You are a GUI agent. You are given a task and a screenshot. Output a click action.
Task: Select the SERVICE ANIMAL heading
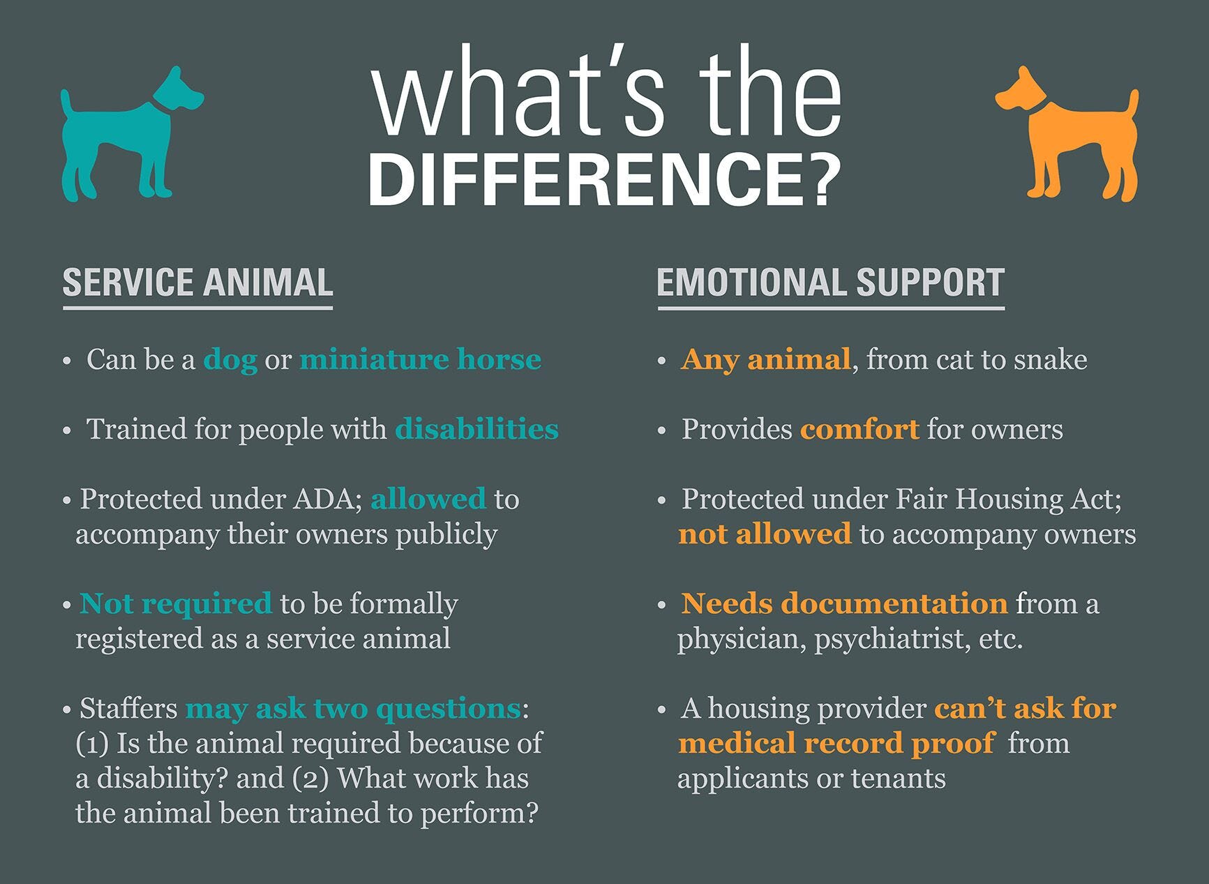(197, 283)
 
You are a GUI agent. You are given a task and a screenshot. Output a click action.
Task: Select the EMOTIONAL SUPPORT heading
(830, 283)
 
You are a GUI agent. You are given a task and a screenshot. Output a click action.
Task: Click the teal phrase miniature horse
(420, 360)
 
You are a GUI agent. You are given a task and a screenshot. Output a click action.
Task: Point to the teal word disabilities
(476, 430)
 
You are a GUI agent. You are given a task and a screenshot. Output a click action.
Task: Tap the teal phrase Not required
(176, 604)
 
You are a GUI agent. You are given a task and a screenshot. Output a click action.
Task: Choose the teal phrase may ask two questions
(353, 709)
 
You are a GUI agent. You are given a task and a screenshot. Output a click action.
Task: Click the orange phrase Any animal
(765, 360)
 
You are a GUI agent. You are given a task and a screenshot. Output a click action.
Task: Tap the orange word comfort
(859, 430)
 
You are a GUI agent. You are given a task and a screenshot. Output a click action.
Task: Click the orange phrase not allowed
(765, 534)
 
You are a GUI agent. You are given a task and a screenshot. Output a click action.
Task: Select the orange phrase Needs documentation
(844, 604)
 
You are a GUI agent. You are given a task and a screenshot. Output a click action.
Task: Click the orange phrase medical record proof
(836, 744)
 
